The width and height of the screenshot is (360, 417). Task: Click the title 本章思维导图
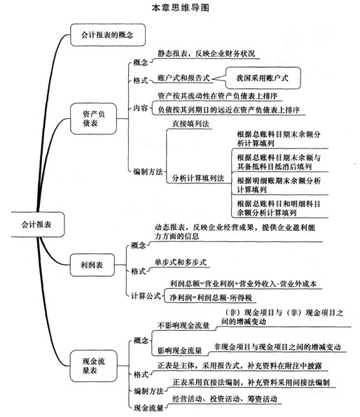[181, 8]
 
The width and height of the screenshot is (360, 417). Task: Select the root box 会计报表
[38, 225]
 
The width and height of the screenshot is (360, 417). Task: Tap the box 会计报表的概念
[108, 35]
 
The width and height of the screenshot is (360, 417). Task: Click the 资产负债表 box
[93, 119]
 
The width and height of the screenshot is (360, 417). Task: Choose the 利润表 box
[92, 265]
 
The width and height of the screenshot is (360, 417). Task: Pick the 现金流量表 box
[93, 366]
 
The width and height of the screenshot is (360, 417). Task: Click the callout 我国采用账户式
[263, 78]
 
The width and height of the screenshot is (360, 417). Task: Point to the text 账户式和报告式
[184, 78]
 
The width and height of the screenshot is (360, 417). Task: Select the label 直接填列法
[191, 124]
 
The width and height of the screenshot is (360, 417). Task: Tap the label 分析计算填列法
[198, 178]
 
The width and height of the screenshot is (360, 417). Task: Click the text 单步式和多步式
[181, 262]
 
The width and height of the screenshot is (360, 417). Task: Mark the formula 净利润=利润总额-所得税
[211, 297]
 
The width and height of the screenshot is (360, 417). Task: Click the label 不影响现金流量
[184, 325]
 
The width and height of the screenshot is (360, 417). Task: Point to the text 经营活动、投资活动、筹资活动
[225, 399]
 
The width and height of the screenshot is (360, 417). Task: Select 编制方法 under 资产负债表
[148, 171]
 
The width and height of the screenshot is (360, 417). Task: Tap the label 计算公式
[146, 296]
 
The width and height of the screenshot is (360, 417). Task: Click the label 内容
[141, 108]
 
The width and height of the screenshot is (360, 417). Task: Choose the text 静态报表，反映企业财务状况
[207, 53]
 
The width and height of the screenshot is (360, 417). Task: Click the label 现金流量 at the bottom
[148, 408]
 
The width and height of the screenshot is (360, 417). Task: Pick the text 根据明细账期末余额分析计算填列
[279, 185]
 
